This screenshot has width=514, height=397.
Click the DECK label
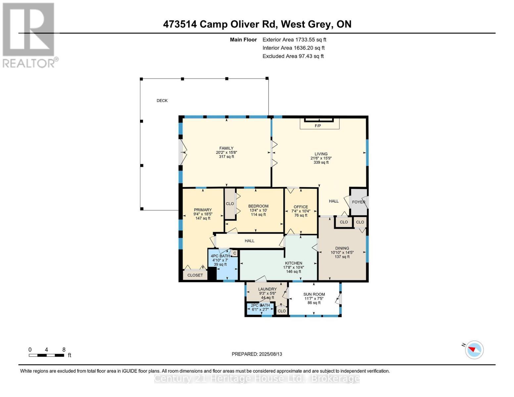[162, 101]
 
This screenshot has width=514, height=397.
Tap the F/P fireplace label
[318, 126]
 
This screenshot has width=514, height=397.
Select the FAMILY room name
[226, 148]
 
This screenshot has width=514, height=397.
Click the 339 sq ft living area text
[321, 162]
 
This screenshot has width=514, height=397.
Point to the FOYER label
[358, 202]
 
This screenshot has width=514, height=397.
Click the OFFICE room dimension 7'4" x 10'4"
[301, 211]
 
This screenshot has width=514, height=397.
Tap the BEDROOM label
[258, 206]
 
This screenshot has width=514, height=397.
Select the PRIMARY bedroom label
[203, 210]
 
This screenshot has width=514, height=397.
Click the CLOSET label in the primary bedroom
[195, 275]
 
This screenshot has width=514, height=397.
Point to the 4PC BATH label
[220, 256]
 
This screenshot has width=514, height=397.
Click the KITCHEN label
[294, 263]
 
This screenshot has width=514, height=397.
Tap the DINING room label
[342, 248]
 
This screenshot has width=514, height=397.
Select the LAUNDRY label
[267, 289]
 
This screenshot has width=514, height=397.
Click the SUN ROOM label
[314, 294]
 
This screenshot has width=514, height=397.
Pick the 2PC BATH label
[260, 305]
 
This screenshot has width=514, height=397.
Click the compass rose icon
[474, 350]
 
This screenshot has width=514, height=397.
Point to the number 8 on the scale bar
[64, 349]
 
